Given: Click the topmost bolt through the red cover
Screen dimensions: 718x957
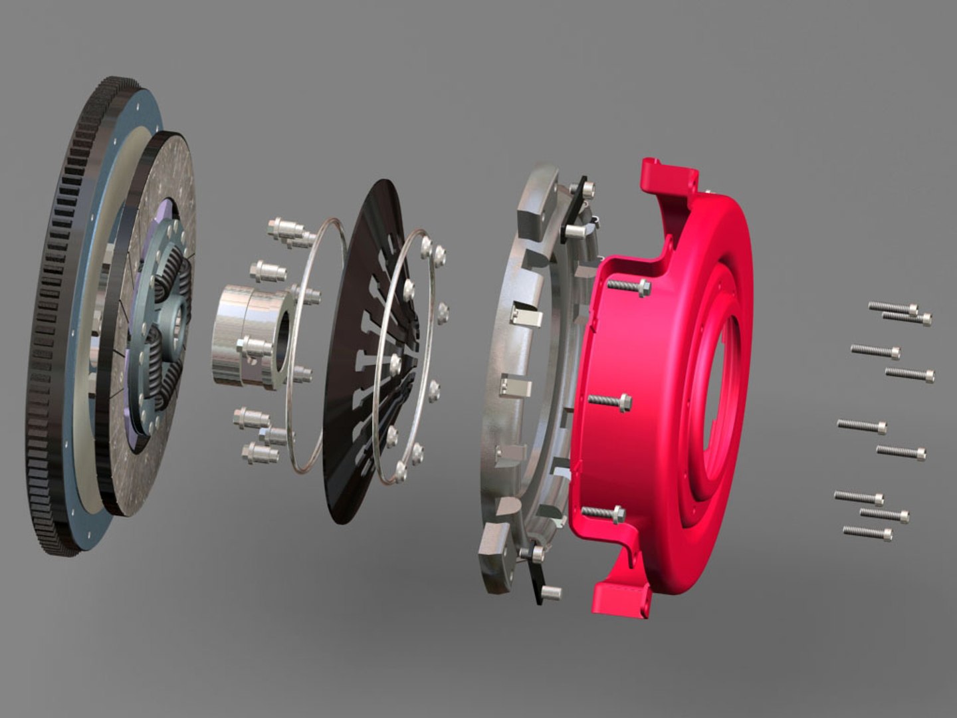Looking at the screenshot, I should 628,287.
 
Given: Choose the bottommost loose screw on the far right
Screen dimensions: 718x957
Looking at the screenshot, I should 867,532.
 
